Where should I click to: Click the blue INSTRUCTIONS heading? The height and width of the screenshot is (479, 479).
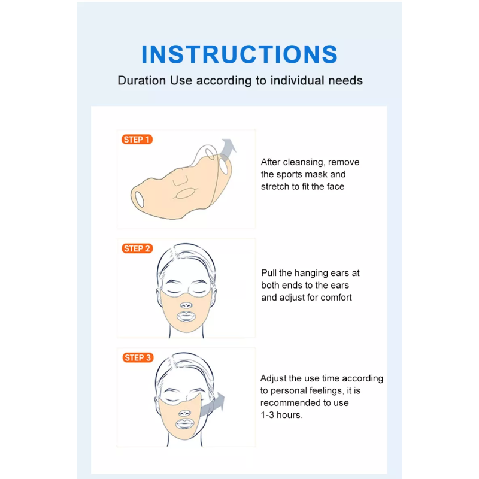click(239, 54)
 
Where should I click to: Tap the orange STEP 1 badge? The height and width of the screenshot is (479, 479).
click(137, 140)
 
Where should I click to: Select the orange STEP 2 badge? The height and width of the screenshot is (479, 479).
click(137, 248)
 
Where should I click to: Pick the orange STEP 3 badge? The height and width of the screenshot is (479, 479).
click(137, 357)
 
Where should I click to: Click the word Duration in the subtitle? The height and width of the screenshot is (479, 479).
click(141, 80)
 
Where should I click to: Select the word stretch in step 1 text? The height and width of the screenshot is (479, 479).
click(275, 186)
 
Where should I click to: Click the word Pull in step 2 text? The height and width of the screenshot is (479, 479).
click(269, 273)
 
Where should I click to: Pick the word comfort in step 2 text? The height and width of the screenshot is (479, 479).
click(336, 297)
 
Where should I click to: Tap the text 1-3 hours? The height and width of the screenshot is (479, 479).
click(281, 414)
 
